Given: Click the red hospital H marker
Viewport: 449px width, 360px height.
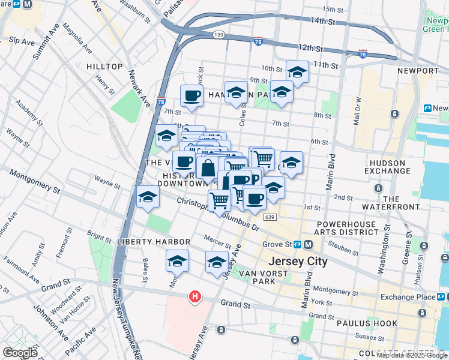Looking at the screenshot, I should point(194,296).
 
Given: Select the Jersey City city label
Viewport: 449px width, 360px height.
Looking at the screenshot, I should point(298,262).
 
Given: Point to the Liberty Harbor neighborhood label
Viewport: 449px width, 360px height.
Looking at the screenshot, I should point(154,242).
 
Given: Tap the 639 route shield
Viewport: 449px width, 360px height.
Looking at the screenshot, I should point(269,217).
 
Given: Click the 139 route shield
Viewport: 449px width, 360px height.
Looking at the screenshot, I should point(218,35).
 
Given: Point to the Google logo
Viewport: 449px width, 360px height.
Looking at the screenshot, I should point(20,353).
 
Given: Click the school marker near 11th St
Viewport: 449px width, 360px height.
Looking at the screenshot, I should point(297,72).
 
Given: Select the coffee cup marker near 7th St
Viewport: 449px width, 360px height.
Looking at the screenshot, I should point(191,95).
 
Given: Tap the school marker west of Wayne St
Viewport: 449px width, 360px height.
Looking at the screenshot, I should point(148,197).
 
